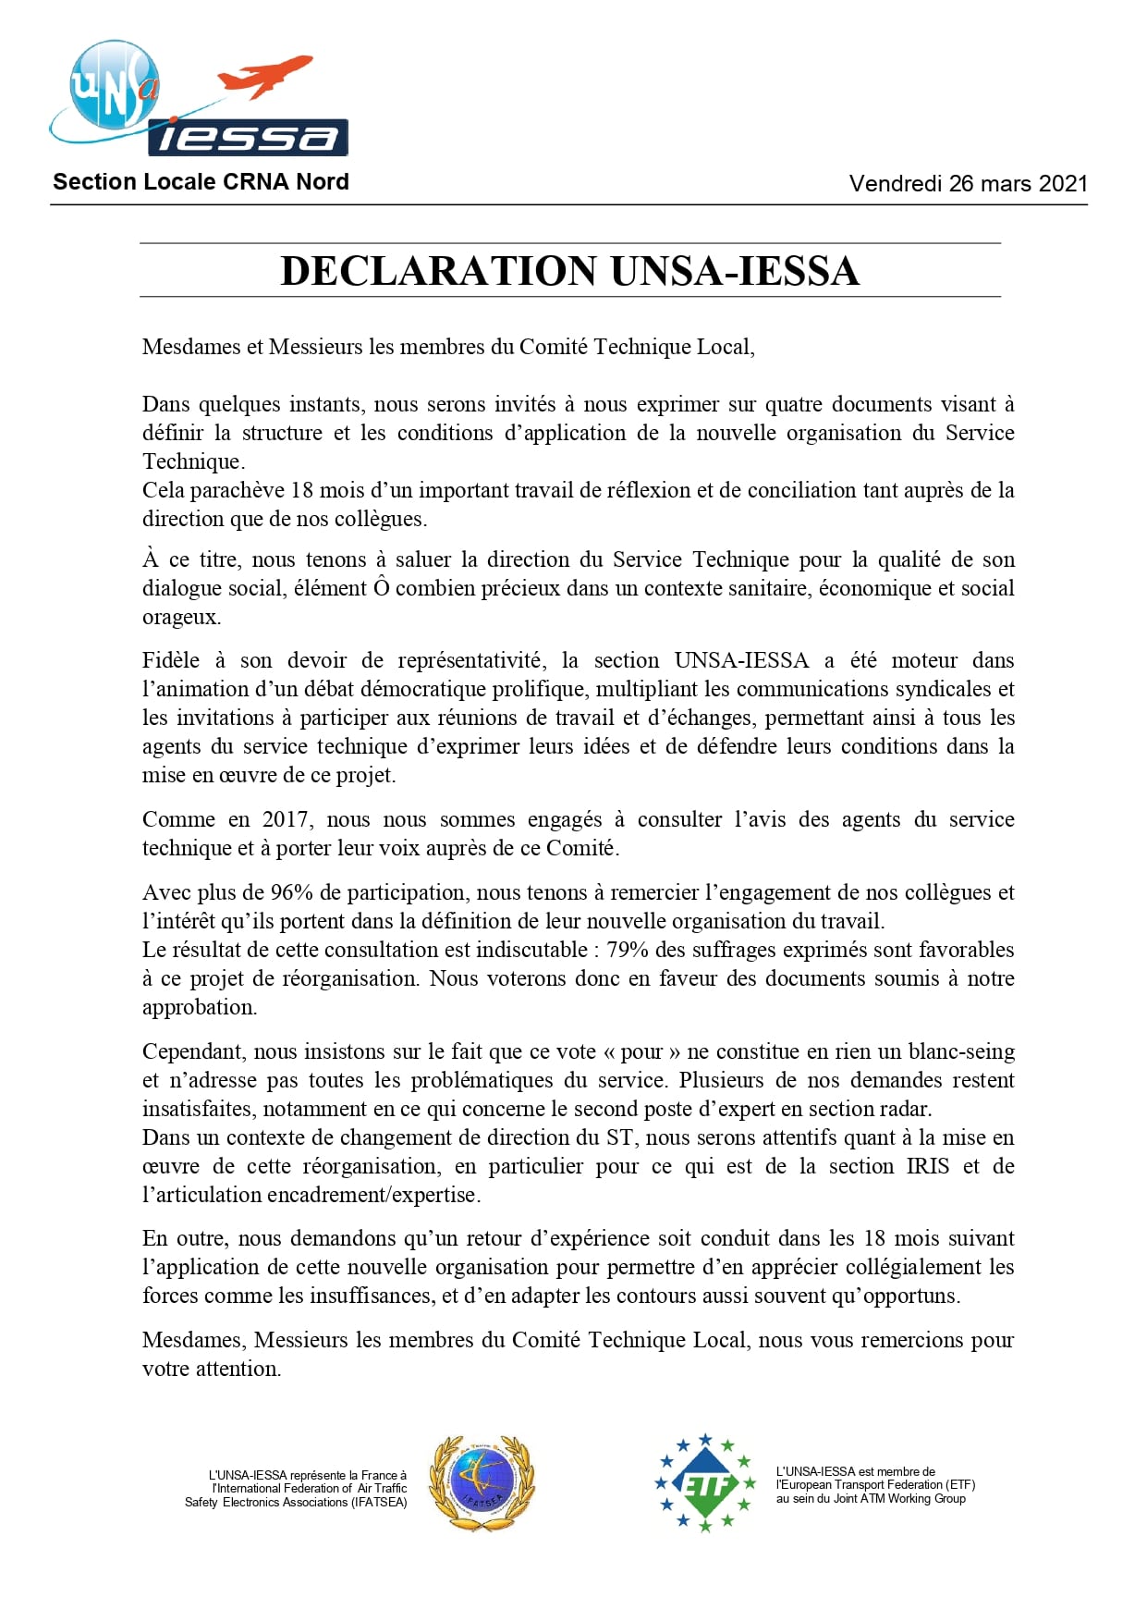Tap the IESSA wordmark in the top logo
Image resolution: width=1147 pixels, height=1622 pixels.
click(x=248, y=139)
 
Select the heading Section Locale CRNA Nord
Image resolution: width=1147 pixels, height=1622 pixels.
click(x=201, y=182)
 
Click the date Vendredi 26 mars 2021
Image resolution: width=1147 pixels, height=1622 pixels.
click(x=968, y=183)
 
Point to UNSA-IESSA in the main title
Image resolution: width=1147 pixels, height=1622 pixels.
click(x=735, y=271)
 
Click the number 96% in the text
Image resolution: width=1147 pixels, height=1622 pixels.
click(x=291, y=892)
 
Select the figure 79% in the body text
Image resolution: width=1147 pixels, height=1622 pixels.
click(x=626, y=950)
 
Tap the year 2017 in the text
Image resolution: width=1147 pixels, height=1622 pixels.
click(x=286, y=819)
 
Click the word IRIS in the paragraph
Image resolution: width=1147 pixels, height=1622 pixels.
click(x=927, y=1166)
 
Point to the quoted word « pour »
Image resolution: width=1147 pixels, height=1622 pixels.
click(x=641, y=1051)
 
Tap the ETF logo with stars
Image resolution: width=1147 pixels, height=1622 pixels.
click(x=705, y=1482)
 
